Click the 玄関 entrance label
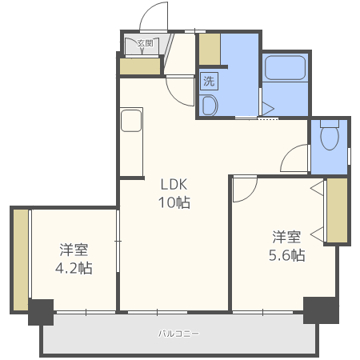(145, 43)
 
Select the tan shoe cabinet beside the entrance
(140, 66)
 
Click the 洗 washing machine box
(209, 81)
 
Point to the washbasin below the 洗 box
(210, 105)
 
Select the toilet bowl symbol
(329, 137)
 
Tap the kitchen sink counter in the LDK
(130, 122)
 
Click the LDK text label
(173, 182)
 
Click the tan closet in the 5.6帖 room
(338, 210)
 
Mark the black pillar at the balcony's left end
(40, 312)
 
